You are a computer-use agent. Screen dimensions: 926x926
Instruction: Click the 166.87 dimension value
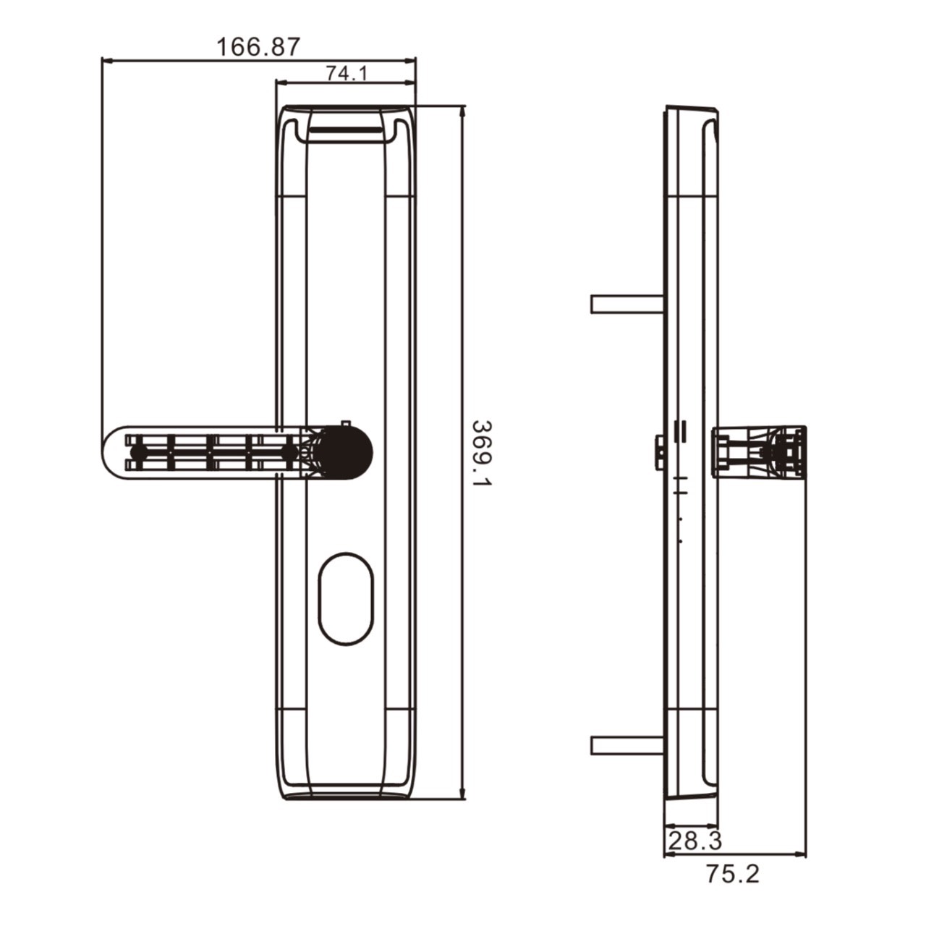click(258, 47)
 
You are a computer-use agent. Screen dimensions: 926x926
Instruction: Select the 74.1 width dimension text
click(347, 73)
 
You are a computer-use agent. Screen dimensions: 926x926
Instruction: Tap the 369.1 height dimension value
click(481, 454)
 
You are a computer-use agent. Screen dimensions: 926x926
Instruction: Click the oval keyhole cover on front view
click(347, 598)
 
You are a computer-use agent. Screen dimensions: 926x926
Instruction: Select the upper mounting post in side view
click(626, 304)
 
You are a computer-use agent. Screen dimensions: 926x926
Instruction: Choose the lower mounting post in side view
click(626, 745)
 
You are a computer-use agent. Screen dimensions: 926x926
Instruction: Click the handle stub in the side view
click(760, 451)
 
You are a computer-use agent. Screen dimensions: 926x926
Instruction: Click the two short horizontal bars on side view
click(679, 430)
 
